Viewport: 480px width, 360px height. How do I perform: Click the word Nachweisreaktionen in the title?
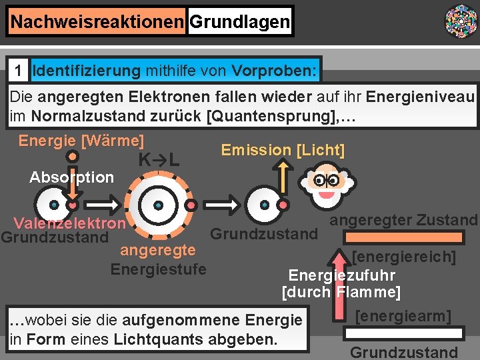pyautogui.click(x=97, y=22)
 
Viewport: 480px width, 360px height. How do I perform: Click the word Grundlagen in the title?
pyautogui.click(x=240, y=22)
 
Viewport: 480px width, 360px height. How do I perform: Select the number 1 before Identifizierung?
pyautogui.click(x=21, y=70)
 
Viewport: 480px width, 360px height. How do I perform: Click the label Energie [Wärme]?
pyautogui.click(x=81, y=141)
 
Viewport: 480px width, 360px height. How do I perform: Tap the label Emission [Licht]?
pyautogui.click(x=283, y=150)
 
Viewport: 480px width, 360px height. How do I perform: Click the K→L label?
pyautogui.click(x=159, y=160)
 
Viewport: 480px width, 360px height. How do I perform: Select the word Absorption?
pyautogui.click(x=72, y=177)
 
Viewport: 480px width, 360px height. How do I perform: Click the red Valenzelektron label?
pyautogui.click(x=69, y=223)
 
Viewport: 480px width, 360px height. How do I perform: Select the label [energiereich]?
pyautogui.click(x=404, y=257)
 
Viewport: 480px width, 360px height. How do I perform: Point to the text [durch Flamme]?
pyautogui.click(x=341, y=292)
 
